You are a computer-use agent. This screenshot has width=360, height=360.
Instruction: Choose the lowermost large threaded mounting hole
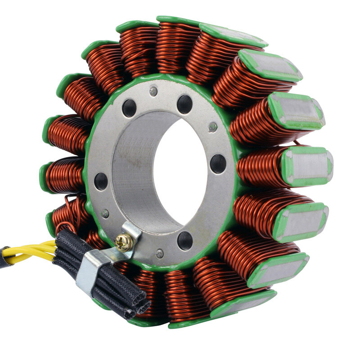point(184,240)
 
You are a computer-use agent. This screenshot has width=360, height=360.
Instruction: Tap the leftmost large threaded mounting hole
point(101,181)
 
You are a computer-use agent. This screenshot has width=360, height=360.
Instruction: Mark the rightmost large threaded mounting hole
point(218,163)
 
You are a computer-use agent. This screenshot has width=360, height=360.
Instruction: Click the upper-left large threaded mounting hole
point(129,108)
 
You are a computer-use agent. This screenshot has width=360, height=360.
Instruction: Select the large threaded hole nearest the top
point(184,104)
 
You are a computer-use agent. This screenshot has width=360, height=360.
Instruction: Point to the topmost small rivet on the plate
point(153,91)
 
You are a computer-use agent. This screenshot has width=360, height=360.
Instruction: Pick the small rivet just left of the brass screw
point(105,214)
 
